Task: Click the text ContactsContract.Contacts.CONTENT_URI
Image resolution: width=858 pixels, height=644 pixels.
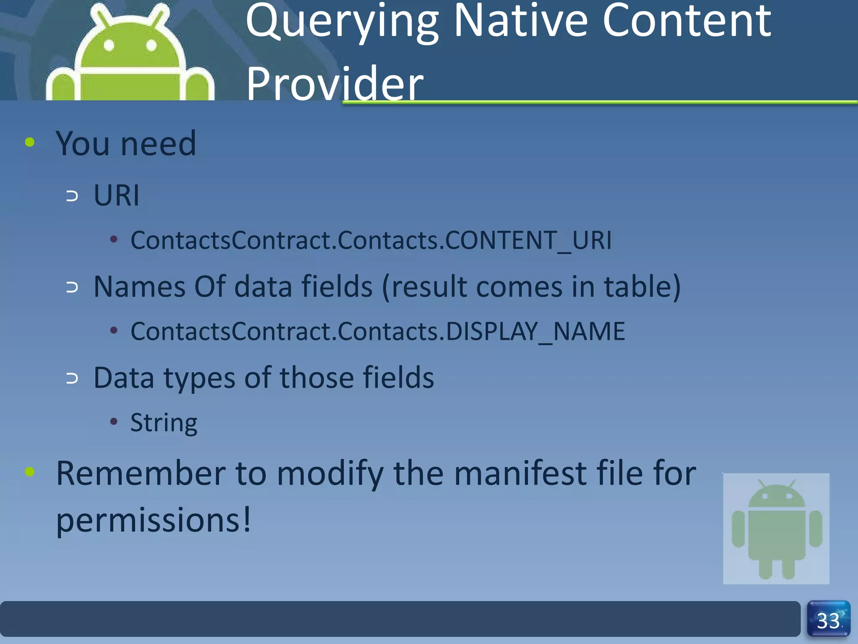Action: [x=371, y=240]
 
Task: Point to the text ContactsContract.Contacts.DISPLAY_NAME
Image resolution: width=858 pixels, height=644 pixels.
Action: [x=377, y=331]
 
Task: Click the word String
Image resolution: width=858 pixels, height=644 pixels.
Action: [x=163, y=423]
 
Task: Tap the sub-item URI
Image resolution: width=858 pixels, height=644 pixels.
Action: [x=116, y=195]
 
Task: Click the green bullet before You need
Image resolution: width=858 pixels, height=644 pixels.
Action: [x=30, y=142]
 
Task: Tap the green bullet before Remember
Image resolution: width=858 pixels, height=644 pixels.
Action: [x=30, y=472]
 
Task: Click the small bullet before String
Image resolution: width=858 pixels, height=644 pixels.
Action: [x=114, y=421]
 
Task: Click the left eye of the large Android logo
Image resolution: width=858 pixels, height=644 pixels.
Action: [x=109, y=45]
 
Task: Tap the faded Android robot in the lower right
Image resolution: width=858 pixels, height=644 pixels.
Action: [x=776, y=529]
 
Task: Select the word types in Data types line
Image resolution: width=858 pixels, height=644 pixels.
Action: [x=199, y=378]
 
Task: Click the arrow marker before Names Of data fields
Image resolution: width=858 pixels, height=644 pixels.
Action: [x=72, y=287]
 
